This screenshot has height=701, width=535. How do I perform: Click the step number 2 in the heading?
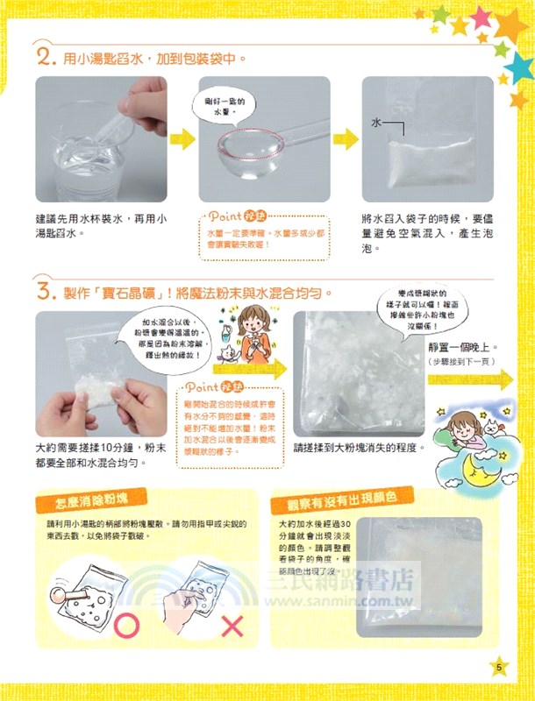[46, 60]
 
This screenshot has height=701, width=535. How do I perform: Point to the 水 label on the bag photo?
[376, 124]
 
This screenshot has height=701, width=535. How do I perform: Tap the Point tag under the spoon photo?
[227, 216]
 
